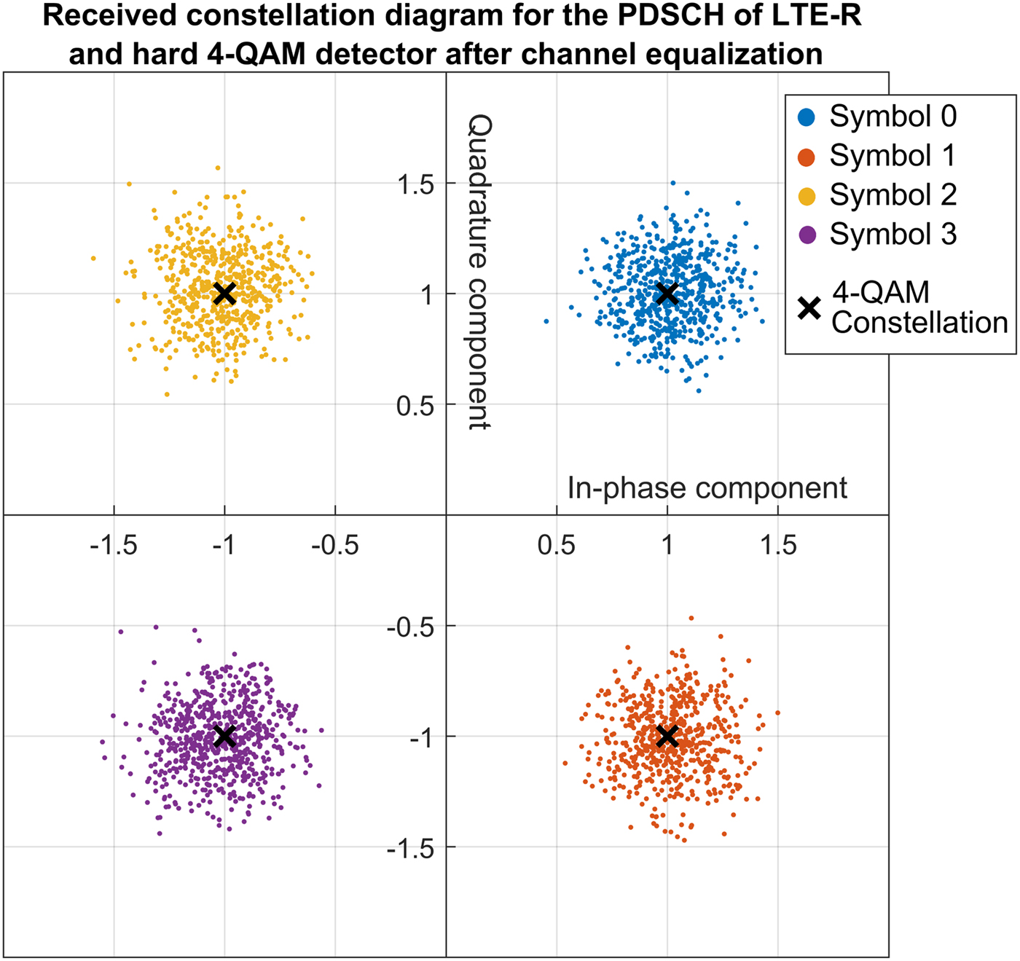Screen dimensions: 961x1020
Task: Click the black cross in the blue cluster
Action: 667,294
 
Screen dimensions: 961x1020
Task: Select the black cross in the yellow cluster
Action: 224,294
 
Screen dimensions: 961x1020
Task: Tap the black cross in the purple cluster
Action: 224,736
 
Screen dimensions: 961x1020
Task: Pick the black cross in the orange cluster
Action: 667,736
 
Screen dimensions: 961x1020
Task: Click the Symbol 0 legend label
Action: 892,117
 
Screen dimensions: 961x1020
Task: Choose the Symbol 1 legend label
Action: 892,156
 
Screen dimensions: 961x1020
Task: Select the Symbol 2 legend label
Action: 892,195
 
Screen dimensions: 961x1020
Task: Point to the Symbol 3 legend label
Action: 892,235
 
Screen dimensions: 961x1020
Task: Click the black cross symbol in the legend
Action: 809,308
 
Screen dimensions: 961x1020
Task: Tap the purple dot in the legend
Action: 807,235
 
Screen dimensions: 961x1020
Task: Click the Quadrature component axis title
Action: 479,271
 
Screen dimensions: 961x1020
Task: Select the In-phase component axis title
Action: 707,488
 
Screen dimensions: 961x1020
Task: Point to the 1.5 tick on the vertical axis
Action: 415,185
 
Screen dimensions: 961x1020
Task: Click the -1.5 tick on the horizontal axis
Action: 114,545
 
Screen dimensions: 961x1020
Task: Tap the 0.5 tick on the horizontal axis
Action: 556,545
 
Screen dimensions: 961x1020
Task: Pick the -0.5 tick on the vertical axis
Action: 409,627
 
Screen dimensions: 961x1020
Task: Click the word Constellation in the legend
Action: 919,323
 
